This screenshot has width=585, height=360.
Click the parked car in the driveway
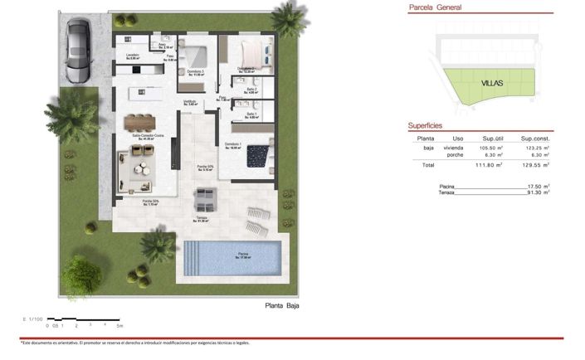pyautogui.click(x=77, y=51)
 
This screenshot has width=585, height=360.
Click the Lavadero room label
pyautogui.click(x=133, y=56)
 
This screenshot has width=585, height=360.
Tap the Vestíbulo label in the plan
pyautogui.click(x=189, y=102)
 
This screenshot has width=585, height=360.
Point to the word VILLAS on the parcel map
pyautogui.click(x=493, y=84)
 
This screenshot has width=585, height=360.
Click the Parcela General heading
pyautogui.click(x=436, y=8)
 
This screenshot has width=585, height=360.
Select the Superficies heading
pyautogui.click(x=429, y=125)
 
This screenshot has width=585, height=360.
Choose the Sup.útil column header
pyautogui.click(x=495, y=138)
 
